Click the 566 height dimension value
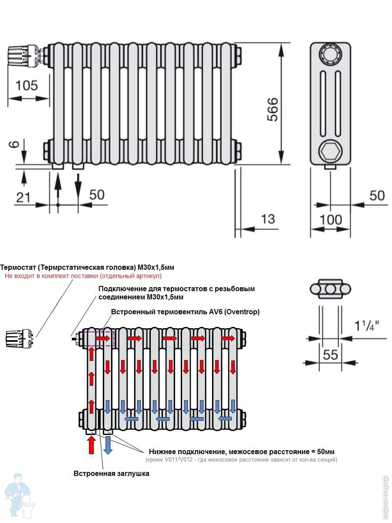click(271, 109)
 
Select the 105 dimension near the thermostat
click(27, 85)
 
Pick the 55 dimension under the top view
click(331, 355)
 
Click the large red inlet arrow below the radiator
click(91, 445)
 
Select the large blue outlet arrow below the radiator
click(108, 445)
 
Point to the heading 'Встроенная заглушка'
click(112, 473)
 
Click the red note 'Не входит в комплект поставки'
click(83, 276)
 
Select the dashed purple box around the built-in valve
click(100, 339)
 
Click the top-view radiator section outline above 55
click(330, 289)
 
